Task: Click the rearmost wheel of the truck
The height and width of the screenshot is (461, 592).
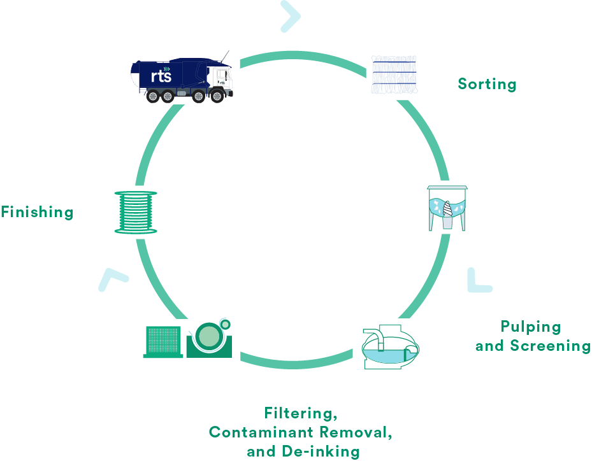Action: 152,97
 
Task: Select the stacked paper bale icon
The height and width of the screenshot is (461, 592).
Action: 394,75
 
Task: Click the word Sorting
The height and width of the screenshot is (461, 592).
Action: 487,84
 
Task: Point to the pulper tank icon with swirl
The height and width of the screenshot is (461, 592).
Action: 446,208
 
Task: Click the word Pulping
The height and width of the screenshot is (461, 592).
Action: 531,327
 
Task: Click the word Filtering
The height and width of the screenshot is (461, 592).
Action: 300,414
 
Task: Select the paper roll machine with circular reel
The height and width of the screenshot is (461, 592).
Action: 210,338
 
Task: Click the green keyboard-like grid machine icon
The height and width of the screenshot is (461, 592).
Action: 162,342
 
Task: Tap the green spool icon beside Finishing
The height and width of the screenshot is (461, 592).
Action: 136,212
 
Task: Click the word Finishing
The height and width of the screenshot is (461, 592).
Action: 37,213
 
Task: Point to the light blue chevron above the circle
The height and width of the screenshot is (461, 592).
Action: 291,16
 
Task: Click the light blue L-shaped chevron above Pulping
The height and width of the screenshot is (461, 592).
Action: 477,281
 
